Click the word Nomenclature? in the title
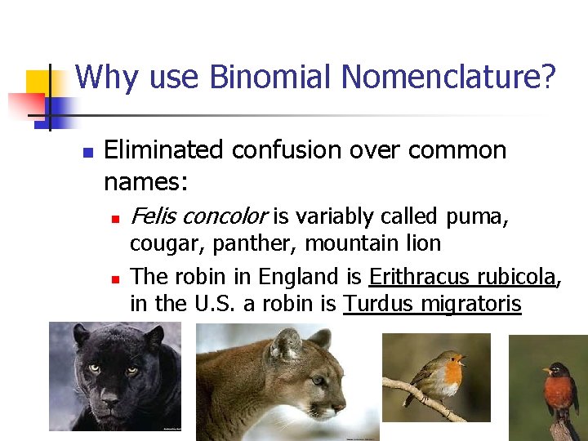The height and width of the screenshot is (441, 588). pyautogui.click(x=448, y=78)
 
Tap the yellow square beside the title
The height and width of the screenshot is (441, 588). pyautogui.click(x=39, y=83)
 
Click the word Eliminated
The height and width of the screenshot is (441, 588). pyautogui.click(x=163, y=150)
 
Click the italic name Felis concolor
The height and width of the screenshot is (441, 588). pyautogui.click(x=198, y=216)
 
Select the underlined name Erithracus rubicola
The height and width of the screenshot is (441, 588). pyautogui.click(x=462, y=277)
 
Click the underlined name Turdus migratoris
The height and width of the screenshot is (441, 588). pyautogui.click(x=432, y=304)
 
